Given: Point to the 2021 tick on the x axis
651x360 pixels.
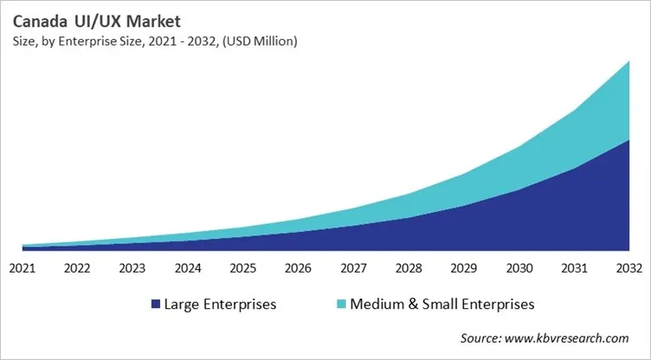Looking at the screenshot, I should pos(23,268).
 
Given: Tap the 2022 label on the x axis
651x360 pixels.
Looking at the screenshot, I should pos(78,268).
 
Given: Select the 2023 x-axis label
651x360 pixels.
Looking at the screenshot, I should pos(132,268).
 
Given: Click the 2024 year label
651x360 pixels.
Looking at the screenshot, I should pos(188,268).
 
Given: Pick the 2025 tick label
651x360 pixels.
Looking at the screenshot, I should pos(243,268).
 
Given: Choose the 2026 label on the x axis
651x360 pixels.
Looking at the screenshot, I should pos(298,268).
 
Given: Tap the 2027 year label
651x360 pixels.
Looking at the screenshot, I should pos(353,268).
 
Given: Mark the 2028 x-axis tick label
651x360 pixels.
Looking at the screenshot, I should pos(409,268).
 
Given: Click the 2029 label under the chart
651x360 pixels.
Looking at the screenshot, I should pos(463,268).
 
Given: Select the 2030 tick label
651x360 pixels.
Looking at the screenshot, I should pos(519,268).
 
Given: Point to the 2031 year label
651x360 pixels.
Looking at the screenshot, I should pos(574,268).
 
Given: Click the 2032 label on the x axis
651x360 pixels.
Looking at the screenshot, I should pos(628,268).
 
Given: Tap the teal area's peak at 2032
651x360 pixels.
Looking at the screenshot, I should pos(628,65).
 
